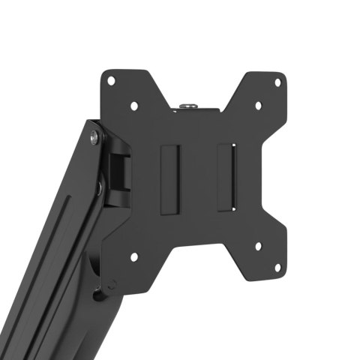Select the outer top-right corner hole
[x=277, y=82]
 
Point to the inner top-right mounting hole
[x=257, y=106]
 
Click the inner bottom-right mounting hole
[x=257, y=244]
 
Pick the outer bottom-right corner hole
[x=277, y=267]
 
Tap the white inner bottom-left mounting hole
[x=134, y=256]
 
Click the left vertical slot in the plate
[x=171, y=178]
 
